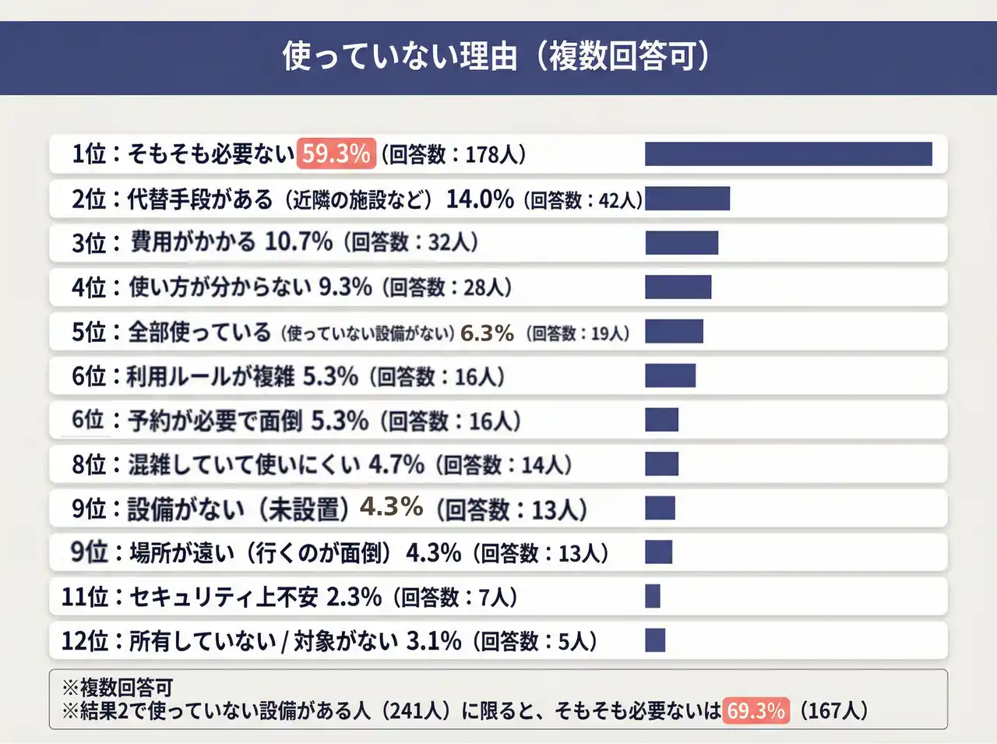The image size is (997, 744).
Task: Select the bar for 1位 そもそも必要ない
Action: point(788,154)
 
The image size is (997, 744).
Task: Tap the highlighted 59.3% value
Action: point(336,153)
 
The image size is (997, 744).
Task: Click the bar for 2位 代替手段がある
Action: point(687,199)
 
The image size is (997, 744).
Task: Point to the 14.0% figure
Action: point(480,199)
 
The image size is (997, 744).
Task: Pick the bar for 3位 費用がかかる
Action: point(682,242)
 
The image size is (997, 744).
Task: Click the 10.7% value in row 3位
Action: point(299,242)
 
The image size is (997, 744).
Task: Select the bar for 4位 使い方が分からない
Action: point(678,287)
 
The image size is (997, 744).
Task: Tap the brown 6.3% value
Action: point(487,333)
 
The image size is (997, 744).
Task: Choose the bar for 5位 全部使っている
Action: point(674,331)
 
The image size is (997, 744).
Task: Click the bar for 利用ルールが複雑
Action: point(670,376)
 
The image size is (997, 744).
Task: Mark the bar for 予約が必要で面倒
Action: point(661,420)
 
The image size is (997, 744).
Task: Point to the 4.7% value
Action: point(396,465)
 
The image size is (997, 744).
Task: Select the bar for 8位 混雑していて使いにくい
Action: point(661,464)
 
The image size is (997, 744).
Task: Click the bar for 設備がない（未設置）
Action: point(660,508)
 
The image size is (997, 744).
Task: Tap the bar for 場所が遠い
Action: point(658,552)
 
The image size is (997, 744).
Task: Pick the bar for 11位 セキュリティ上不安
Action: point(653,597)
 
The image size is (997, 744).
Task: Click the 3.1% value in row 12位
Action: point(434,641)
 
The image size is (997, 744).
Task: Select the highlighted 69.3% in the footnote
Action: point(756,711)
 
